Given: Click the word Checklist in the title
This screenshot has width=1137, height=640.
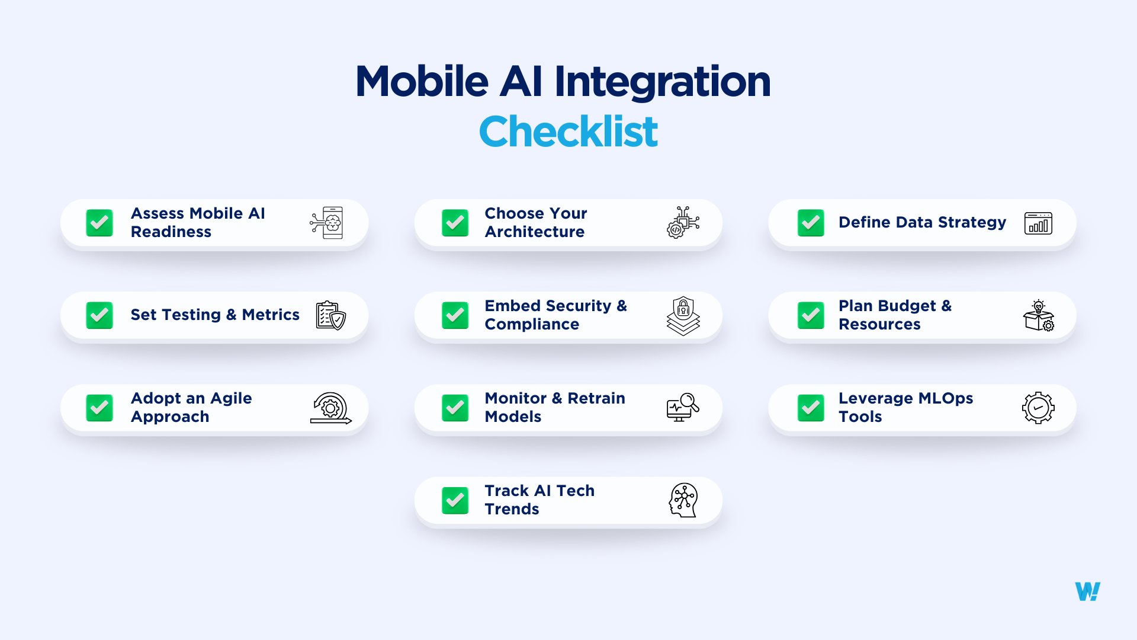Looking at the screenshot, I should [x=568, y=132].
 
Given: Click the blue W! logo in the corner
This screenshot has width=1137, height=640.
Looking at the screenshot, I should [x=1087, y=591].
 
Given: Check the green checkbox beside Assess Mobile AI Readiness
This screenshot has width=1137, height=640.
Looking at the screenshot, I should [x=99, y=223].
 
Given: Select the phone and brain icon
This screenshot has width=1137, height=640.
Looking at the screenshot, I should [x=327, y=223].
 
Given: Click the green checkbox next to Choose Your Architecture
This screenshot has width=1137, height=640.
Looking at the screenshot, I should [x=455, y=223].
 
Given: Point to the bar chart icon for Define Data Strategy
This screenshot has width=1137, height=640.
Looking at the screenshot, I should [x=1038, y=223].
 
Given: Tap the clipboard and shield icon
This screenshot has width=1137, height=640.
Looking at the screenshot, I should [x=330, y=315].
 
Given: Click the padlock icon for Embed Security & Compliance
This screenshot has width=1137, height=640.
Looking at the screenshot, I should [x=683, y=315].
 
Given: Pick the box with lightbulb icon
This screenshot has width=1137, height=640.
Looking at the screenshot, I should [x=1038, y=315].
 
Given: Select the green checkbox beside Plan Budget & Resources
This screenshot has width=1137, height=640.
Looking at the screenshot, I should [x=811, y=315].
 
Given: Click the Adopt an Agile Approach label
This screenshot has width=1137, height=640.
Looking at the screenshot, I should [x=191, y=407].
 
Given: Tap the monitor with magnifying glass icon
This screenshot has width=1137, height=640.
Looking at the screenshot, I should [x=683, y=407].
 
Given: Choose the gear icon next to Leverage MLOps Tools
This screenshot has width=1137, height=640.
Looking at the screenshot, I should [x=1038, y=408].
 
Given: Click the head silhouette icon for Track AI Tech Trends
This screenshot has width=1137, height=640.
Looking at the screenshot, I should [x=683, y=500].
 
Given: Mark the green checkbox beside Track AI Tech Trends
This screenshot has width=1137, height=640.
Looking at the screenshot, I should [x=455, y=500].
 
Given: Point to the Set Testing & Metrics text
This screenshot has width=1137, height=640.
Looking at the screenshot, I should [x=215, y=315].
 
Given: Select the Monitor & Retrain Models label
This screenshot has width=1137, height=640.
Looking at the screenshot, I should [x=555, y=407].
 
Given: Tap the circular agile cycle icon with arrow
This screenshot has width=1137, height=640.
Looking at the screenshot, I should [x=330, y=408].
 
